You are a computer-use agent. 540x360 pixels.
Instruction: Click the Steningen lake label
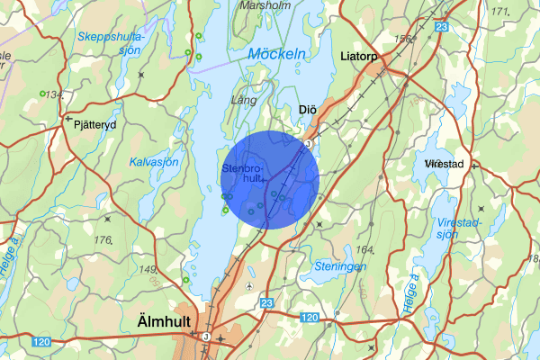(x=339, y=265)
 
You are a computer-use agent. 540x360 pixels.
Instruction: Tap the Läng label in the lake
(x=245, y=101)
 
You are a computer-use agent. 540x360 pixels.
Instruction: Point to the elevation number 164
(x=364, y=249)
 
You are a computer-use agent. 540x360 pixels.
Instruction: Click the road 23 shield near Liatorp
(x=441, y=28)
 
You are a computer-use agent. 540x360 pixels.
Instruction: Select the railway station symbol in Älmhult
(x=206, y=337)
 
